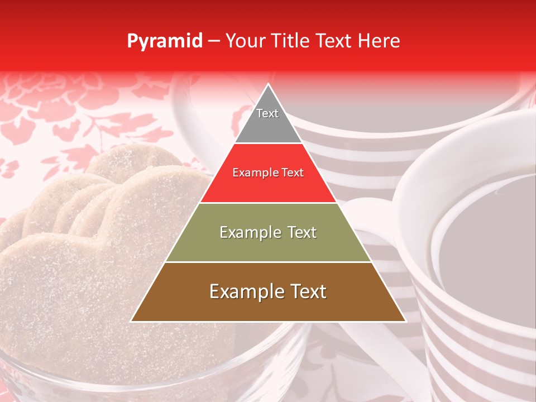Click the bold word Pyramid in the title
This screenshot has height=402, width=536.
[165, 41]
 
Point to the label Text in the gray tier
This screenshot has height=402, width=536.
[267, 113]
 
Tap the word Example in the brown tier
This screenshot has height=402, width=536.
[243, 291]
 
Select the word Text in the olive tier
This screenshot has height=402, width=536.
[298, 232]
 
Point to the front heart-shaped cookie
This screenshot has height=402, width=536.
[84, 279]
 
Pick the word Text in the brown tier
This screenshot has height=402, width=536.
[307, 291]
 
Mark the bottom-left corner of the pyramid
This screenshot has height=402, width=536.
[131, 321]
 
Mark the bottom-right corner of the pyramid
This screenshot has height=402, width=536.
[406, 321]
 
